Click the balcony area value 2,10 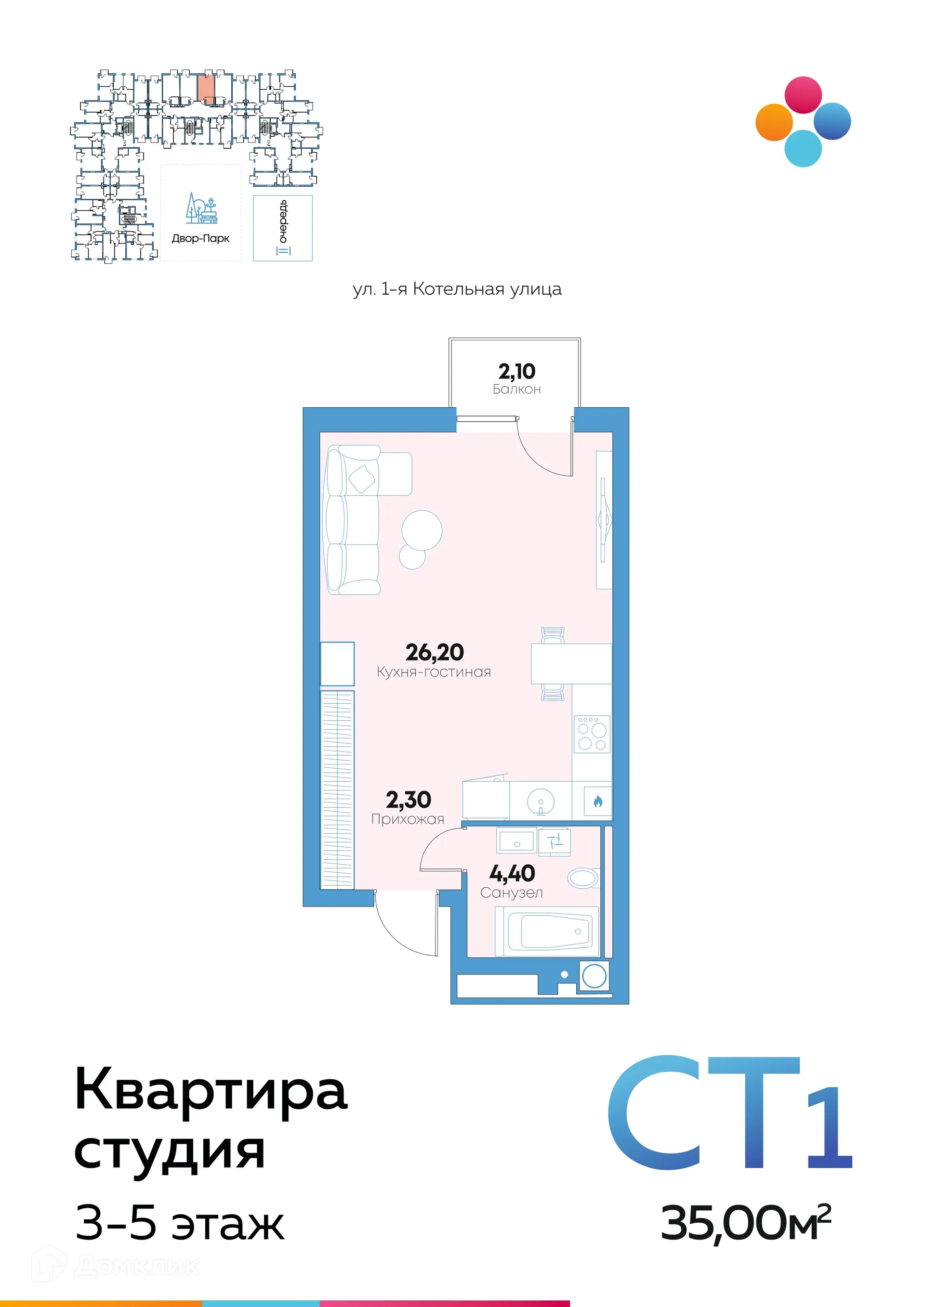coord(516,372)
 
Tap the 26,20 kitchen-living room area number coord(434,652)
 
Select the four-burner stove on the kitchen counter coord(591,734)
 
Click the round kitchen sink coord(540,802)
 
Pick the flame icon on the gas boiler coord(597,802)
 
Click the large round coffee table coord(422,530)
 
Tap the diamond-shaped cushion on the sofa coord(362,479)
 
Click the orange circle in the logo coord(774,122)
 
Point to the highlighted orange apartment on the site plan coord(206,88)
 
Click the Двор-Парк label coord(200,238)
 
